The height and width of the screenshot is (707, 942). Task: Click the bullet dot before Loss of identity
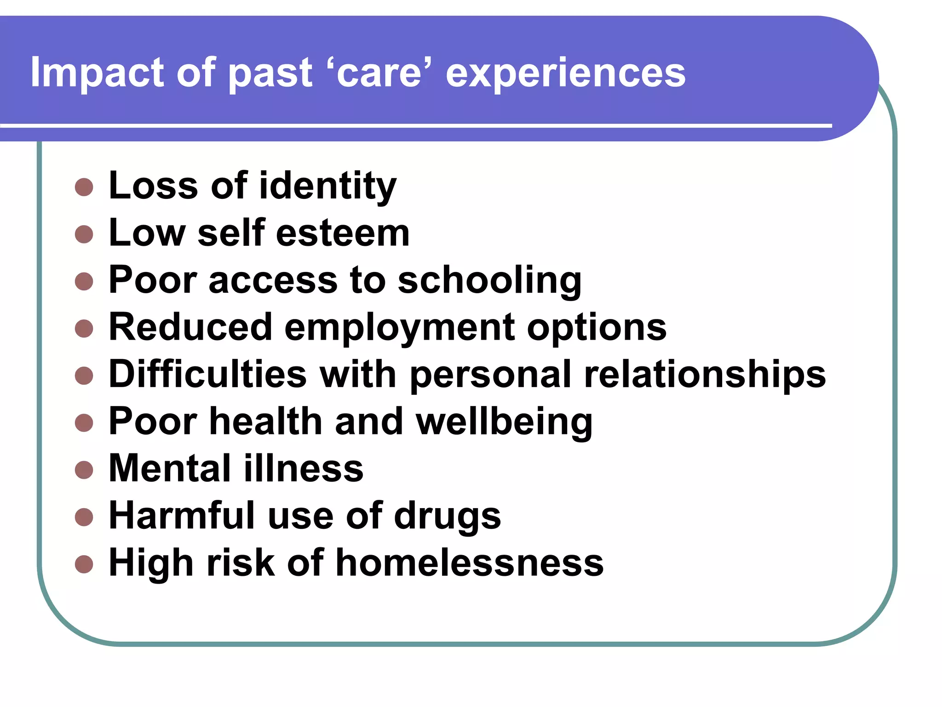[84, 187]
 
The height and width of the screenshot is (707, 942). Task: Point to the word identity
[327, 186]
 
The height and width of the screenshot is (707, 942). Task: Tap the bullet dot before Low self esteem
[84, 234]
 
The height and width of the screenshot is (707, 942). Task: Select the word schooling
[489, 281]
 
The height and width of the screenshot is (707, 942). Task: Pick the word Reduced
[190, 327]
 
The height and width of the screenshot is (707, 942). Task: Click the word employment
[400, 328]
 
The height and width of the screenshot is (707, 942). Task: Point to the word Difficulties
[207, 374]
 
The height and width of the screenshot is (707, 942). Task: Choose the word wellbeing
[504, 422]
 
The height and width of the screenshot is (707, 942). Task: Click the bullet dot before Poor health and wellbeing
[84, 423]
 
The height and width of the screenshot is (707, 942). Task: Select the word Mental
[170, 469]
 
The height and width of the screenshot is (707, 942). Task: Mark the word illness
[304, 469]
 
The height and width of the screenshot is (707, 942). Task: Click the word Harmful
[182, 516]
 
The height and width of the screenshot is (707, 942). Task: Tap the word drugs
[447, 517]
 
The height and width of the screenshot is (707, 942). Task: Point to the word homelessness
[469, 563]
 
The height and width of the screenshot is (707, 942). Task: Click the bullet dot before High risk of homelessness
[84, 564]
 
